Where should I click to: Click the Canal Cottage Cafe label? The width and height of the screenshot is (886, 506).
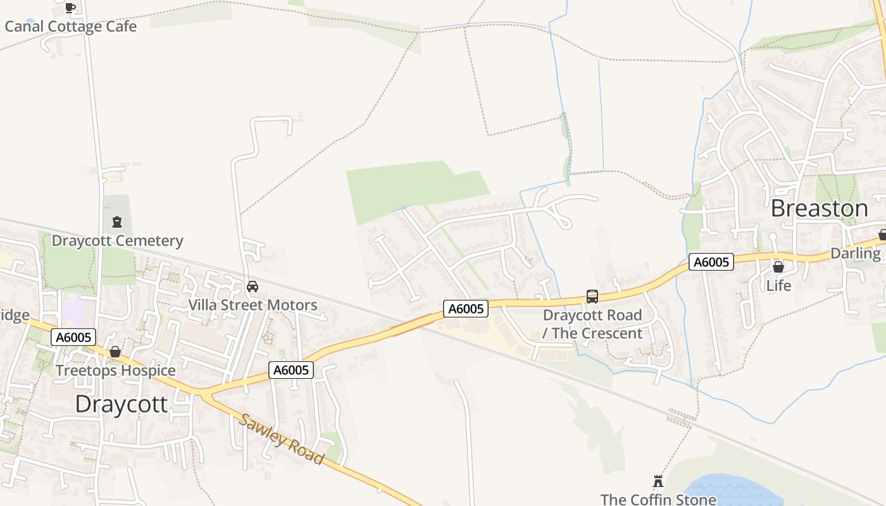click(x=70, y=27)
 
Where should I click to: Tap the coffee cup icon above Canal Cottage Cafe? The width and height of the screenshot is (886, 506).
click(x=70, y=8)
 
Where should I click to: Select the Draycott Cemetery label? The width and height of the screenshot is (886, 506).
click(x=117, y=240)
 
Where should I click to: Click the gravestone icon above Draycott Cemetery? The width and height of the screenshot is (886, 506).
click(x=117, y=222)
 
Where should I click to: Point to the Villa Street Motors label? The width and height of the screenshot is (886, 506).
click(x=253, y=305)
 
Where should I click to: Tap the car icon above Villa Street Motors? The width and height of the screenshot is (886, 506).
click(x=253, y=287)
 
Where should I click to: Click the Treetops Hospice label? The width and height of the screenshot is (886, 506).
click(x=115, y=370)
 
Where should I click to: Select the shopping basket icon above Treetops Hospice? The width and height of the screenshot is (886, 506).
click(x=115, y=352)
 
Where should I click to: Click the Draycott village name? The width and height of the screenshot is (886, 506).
click(x=122, y=404)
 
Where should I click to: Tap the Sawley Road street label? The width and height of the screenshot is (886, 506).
click(x=282, y=440)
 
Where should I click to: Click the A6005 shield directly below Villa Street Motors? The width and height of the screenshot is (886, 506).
click(x=291, y=370)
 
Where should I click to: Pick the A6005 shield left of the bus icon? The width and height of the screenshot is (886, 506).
click(x=466, y=309)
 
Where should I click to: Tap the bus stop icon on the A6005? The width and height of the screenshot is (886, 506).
click(x=592, y=297)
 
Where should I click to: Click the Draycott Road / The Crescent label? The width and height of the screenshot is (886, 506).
click(x=592, y=324)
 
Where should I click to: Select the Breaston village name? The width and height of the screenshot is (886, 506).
click(x=820, y=208)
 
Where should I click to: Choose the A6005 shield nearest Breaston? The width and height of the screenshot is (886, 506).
click(x=711, y=262)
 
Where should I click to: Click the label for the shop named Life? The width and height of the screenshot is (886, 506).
click(x=778, y=286)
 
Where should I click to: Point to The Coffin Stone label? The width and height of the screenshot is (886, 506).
click(x=658, y=499)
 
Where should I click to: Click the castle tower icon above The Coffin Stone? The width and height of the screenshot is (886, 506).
click(x=658, y=481)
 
